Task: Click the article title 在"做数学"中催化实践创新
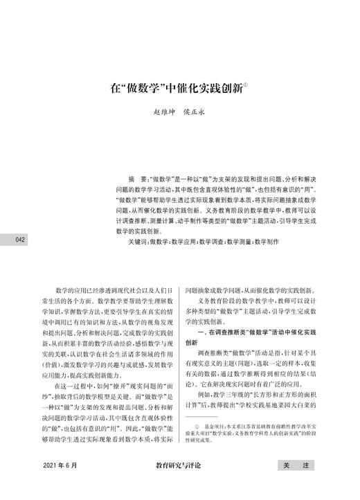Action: coord(177,89)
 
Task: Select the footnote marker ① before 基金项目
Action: coord(198,428)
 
